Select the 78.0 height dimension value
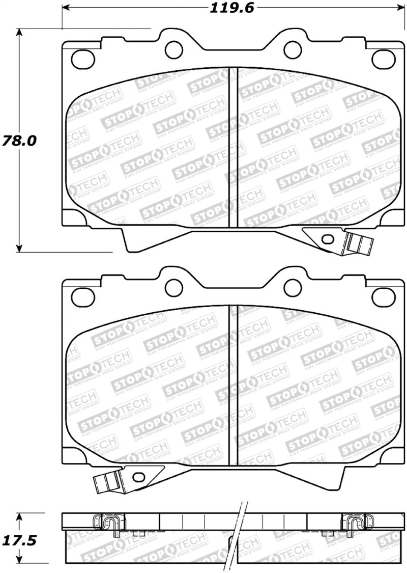(x=20, y=141)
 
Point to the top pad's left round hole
(x=174, y=49)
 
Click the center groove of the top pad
(x=233, y=147)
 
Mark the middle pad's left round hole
(x=174, y=287)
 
